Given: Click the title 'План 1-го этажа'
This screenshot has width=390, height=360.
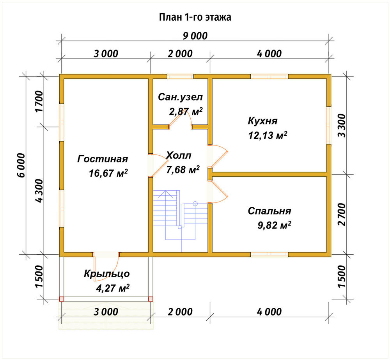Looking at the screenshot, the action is pyautogui.click(x=195, y=18).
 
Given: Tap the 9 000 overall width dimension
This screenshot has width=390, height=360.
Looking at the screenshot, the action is pyautogui.click(x=195, y=36).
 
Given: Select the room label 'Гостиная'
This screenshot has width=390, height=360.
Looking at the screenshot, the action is pyautogui.click(x=103, y=159).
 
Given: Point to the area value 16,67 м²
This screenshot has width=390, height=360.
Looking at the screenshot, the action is pyautogui.click(x=108, y=173).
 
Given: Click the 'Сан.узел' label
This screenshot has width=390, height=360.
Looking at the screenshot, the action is pyautogui.click(x=180, y=97).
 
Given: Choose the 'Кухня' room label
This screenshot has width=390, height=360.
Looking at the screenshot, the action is pyautogui.click(x=262, y=121).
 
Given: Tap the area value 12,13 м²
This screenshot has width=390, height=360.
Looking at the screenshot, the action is pyautogui.click(x=268, y=135).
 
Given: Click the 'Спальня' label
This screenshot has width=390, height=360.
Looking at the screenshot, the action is pyautogui.click(x=269, y=211).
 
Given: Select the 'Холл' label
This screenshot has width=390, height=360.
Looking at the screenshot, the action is pyautogui.click(x=179, y=155).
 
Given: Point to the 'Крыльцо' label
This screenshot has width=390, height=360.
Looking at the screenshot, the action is pyautogui.click(x=107, y=274).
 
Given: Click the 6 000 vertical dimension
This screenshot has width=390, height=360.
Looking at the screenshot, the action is pyautogui.click(x=21, y=165).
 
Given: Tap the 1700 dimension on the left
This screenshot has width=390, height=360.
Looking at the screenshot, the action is pyautogui.click(x=39, y=101).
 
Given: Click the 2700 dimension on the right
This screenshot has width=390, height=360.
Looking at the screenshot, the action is pyautogui.click(x=342, y=214).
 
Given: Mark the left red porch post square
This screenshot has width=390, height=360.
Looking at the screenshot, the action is pyautogui.click(x=62, y=299).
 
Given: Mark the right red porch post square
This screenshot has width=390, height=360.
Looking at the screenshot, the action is pyautogui.click(x=151, y=299).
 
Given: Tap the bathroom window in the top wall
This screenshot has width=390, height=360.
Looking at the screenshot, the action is pyautogui.click(x=180, y=76).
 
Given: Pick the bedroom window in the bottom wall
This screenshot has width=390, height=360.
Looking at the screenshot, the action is pyautogui.click(x=269, y=254).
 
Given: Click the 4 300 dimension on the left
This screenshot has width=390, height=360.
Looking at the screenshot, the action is pyautogui.click(x=39, y=190).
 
